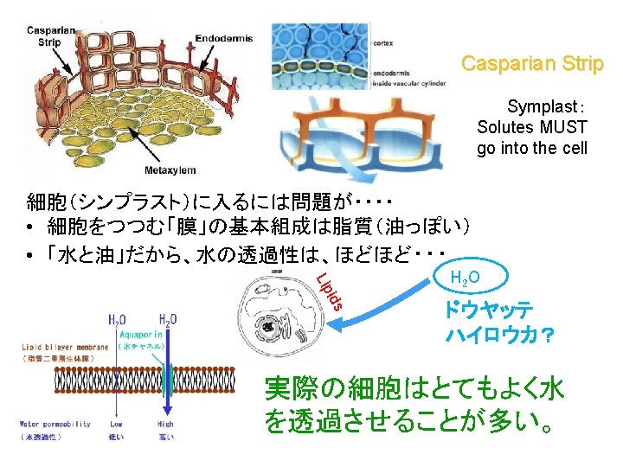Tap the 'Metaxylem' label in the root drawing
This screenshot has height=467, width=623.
coord(170,170)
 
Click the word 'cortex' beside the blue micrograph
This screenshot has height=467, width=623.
coord(382,41)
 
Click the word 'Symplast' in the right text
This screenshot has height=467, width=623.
coord(542,106)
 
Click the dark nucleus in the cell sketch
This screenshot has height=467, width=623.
coord(270,329)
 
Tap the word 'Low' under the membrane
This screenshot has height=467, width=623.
coord(117,424)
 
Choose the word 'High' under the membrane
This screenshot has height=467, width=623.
coord(165,424)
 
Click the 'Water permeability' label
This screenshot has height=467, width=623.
coord(55,424)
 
